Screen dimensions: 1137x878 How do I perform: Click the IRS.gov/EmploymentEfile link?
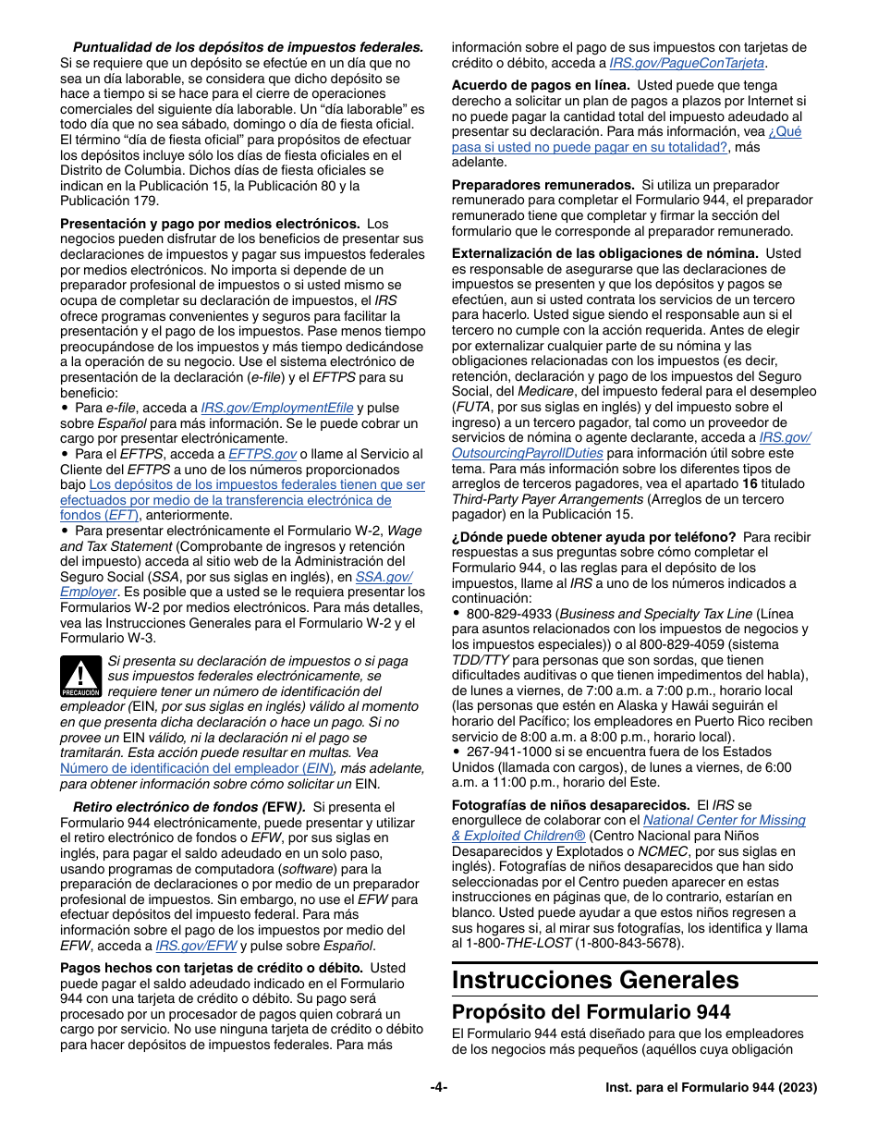[277, 408]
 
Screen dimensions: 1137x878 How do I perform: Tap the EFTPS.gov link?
[262, 454]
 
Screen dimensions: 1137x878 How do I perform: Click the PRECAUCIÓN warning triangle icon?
[80, 677]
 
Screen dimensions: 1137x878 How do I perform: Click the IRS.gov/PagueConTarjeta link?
[687, 63]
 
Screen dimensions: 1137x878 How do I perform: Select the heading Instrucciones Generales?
[595, 980]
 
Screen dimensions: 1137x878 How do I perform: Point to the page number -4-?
[439, 1088]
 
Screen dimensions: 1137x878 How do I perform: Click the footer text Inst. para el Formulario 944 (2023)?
[704, 1088]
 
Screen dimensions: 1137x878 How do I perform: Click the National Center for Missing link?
[724, 820]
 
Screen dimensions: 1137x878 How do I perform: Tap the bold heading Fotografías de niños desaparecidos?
[570, 805]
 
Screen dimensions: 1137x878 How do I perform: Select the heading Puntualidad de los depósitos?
[248, 47]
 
